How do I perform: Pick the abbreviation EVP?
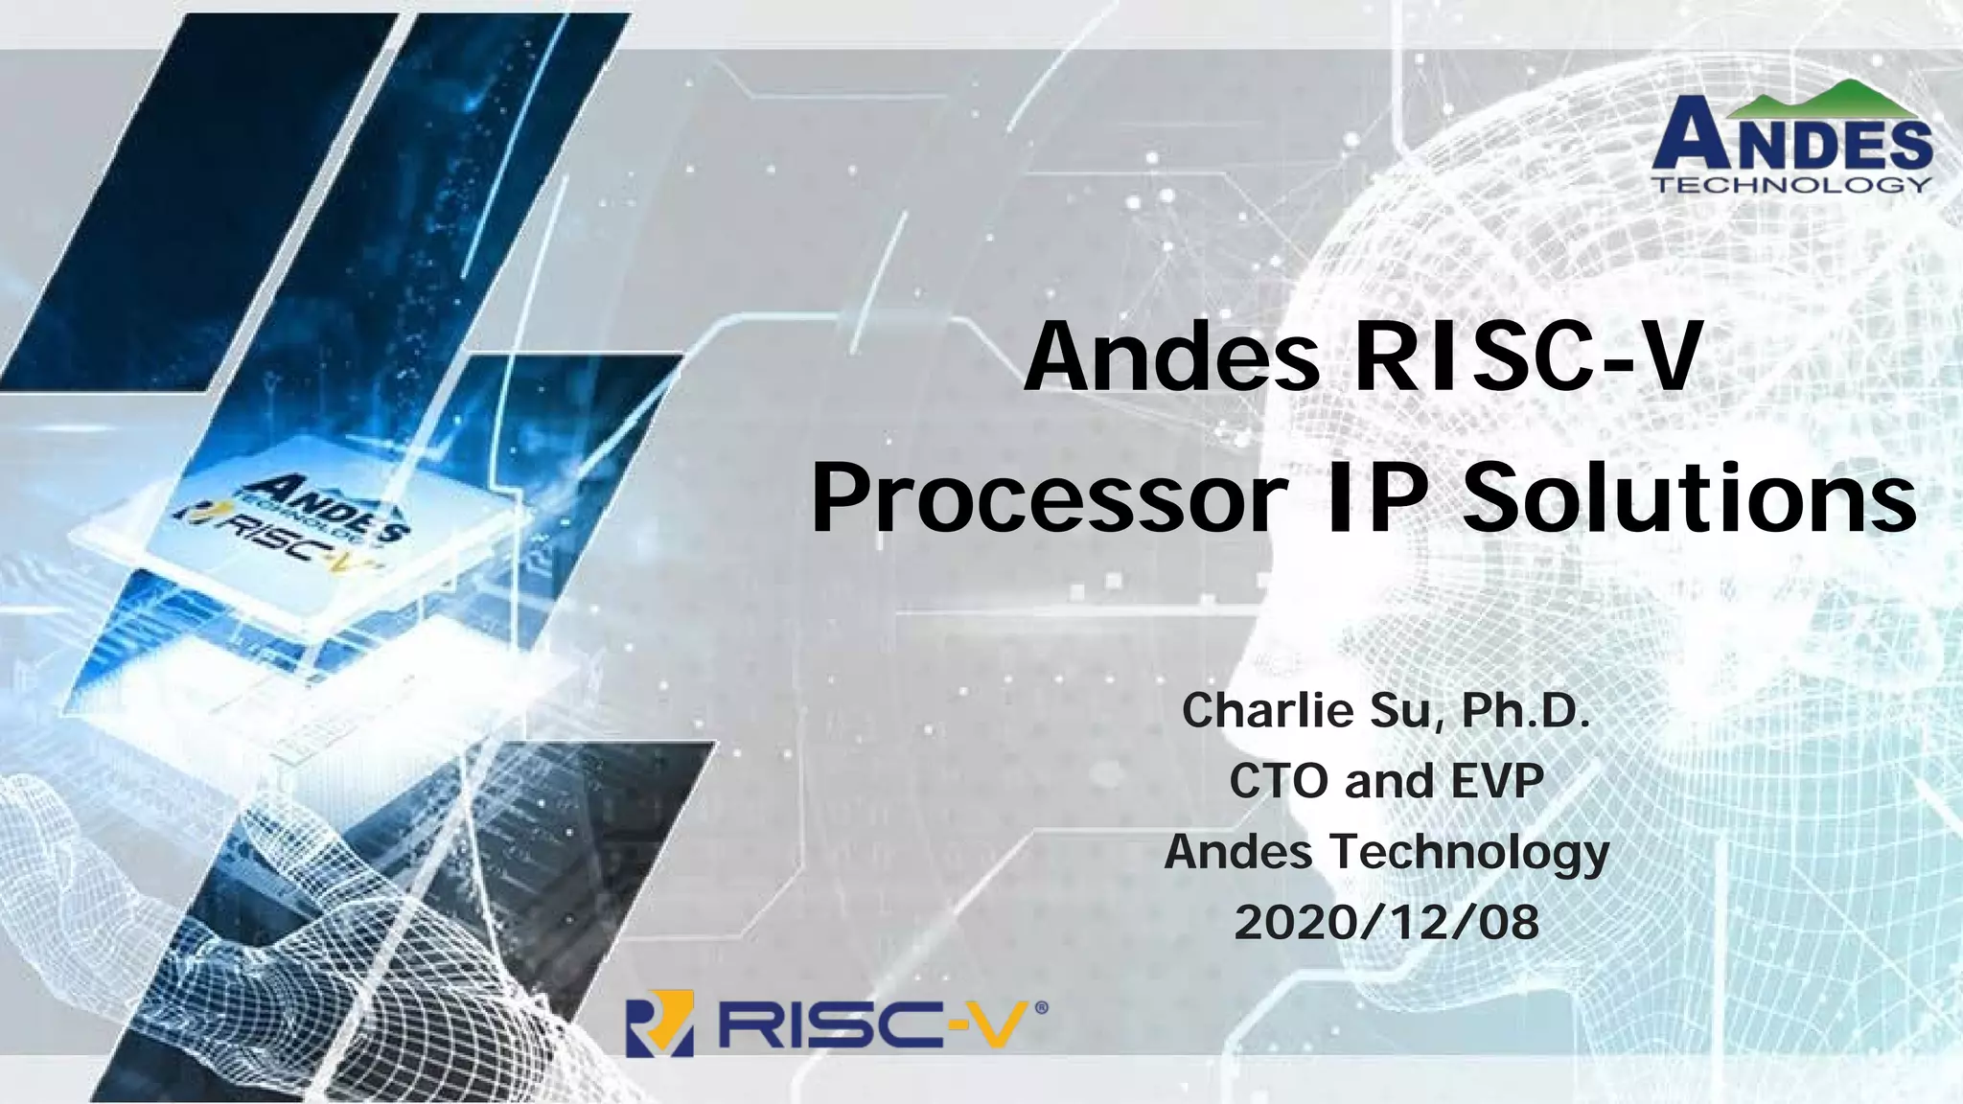(1496, 781)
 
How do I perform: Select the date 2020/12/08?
(1386, 923)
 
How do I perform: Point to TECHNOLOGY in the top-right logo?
(1791, 184)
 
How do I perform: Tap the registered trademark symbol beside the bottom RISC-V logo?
(1042, 1008)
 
